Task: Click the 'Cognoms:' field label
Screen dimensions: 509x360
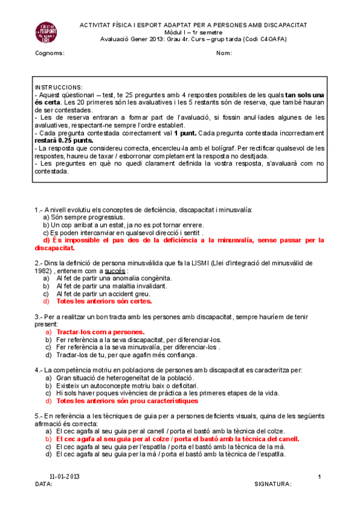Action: pyautogui.click(x=50, y=53)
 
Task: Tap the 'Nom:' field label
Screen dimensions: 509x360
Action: pyautogui.click(x=224, y=53)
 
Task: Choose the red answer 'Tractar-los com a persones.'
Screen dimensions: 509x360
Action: pyautogui.click(x=100, y=332)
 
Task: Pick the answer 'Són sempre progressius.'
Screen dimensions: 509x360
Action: pyautogui.click(x=88, y=217)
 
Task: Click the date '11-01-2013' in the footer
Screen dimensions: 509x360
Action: pyautogui.click(x=65, y=476)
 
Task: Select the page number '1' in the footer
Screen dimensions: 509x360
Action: pyautogui.click(x=319, y=476)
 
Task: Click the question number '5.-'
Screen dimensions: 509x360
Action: pyautogui.click(x=39, y=416)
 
